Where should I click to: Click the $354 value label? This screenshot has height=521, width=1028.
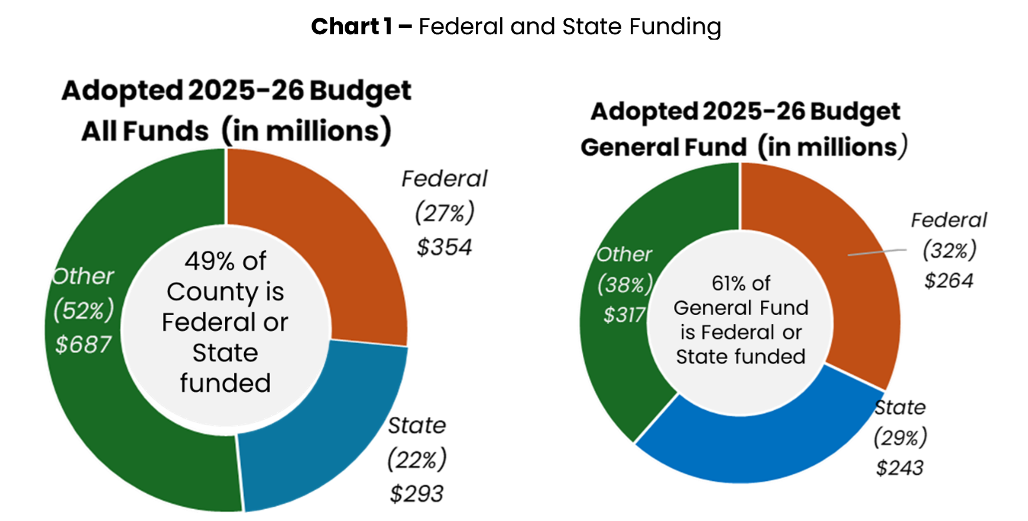[x=445, y=247]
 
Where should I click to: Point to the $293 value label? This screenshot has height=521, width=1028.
[x=417, y=494]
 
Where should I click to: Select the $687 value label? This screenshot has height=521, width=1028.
[x=83, y=344]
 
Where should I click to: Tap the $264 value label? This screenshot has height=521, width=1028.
[x=949, y=280]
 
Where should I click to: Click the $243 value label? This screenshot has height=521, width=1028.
[x=900, y=468]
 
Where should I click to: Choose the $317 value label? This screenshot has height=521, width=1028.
[x=624, y=315]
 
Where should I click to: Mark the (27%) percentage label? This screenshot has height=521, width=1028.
[x=445, y=213]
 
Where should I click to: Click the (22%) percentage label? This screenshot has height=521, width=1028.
[x=417, y=459]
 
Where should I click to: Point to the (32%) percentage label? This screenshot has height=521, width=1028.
[x=949, y=250]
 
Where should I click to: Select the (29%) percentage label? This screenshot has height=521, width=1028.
[x=900, y=438]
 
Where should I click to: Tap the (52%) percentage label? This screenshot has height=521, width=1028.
[x=83, y=310]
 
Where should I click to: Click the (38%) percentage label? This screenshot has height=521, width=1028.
[x=624, y=284]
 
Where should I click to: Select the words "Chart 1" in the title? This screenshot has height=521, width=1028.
[x=352, y=27]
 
